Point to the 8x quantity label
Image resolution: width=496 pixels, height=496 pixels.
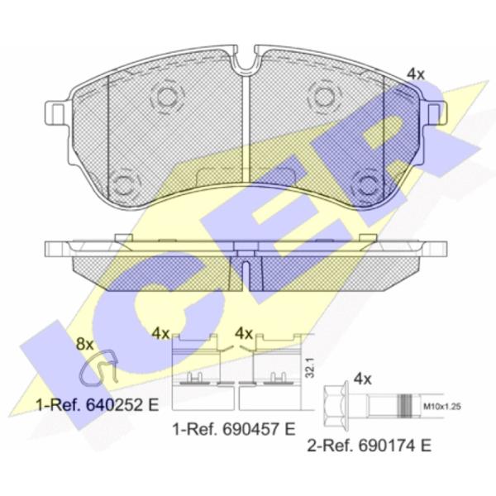pyautogui.click(x=85, y=345)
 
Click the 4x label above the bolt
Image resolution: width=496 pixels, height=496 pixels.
pyautogui.click(x=362, y=379)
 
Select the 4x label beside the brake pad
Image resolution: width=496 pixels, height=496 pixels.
pyautogui.click(x=415, y=74)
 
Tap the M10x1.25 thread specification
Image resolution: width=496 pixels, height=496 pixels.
pyautogui.click(x=442, y=407)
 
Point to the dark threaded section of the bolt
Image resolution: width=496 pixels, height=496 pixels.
pyautogui.click(x=405, y=406)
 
